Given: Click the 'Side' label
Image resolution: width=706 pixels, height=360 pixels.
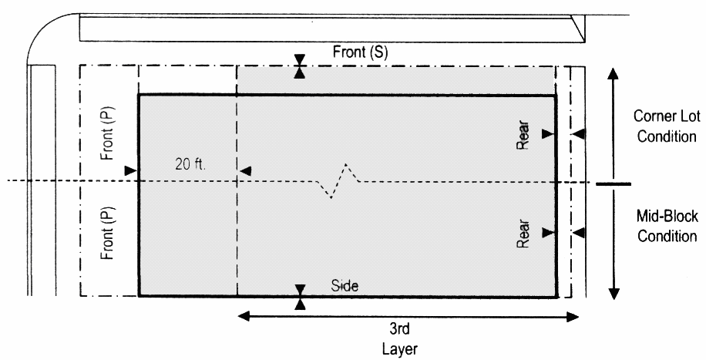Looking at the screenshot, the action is (345, 284).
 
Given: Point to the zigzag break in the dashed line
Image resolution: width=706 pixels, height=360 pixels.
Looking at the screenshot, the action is (340, 181).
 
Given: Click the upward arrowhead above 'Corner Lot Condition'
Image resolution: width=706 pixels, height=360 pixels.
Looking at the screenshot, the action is (614, 73).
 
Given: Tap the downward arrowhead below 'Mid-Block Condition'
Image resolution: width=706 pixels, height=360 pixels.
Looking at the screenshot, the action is (614, 294).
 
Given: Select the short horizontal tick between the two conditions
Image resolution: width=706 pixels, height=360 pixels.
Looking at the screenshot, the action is (614, 183).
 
